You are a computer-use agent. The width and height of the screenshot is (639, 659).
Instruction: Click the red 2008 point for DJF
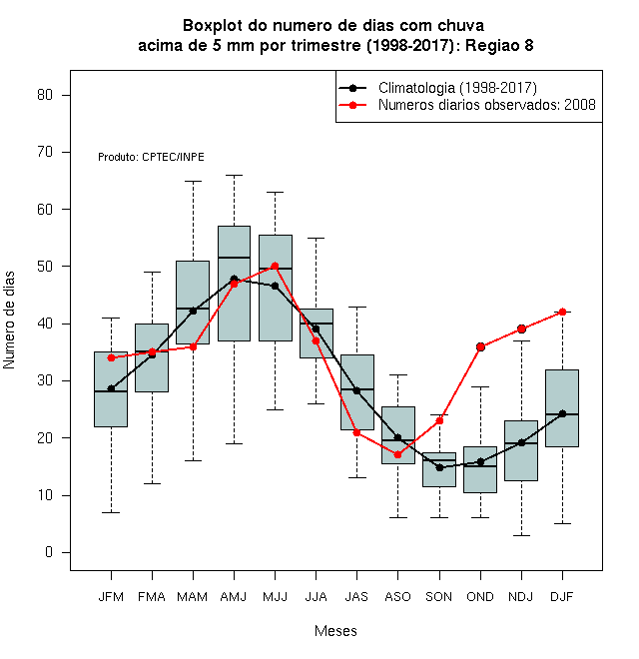coord(562,312)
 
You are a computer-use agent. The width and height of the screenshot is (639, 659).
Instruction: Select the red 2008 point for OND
coord(480,346)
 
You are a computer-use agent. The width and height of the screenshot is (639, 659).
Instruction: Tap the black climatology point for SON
coord(439,467)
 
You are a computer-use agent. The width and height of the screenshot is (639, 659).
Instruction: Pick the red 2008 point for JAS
coord(356,432)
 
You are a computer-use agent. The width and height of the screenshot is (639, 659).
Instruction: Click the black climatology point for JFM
coord(111,388)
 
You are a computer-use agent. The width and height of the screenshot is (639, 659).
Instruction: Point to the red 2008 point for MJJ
coord(275,266)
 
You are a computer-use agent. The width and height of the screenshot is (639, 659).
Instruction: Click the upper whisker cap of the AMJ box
coord(235,175)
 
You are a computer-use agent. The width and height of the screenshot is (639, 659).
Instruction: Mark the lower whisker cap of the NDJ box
coord(522,535)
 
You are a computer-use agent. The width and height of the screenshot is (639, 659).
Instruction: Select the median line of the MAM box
coord(193,309)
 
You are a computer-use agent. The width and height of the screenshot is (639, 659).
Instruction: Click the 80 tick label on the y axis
coord(45,95)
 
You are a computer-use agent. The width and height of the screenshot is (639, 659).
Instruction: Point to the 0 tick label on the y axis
coord(49,552)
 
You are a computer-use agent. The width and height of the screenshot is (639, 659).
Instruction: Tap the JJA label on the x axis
coord(316,596)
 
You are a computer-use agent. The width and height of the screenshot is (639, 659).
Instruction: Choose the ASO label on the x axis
coord(397,596)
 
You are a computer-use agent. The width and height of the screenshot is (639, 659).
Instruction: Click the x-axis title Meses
coord(335,631)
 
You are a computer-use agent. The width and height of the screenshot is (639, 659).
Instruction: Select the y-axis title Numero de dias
coord(9,321)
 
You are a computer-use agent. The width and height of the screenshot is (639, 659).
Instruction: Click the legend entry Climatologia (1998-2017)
coord(457,88)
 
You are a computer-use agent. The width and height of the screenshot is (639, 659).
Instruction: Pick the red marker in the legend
coord(352,105)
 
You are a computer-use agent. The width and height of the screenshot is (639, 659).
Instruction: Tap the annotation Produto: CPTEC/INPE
coord(151,157)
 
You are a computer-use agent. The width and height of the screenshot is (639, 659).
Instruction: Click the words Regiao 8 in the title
coord(499,45)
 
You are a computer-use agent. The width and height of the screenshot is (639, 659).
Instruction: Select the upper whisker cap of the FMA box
coord(152,272)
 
